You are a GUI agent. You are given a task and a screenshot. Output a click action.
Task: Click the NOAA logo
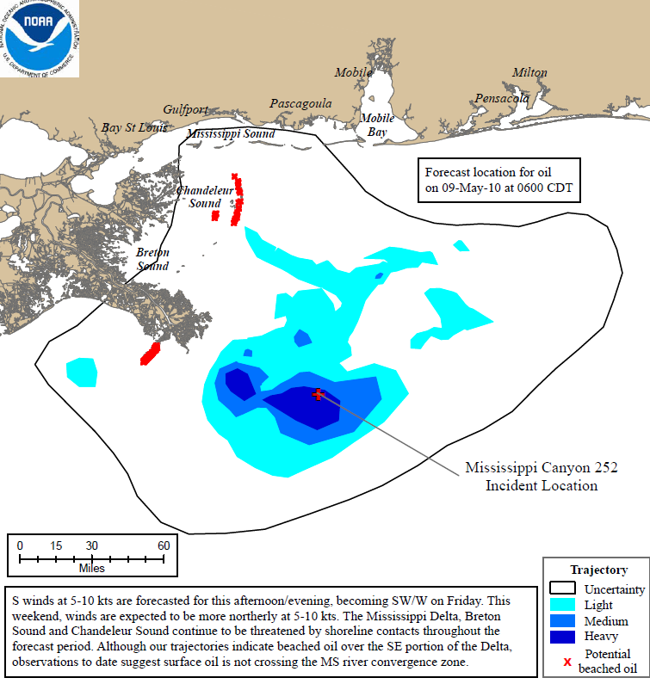coord(40,39)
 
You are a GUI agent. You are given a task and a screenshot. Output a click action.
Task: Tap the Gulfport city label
coord(186,110)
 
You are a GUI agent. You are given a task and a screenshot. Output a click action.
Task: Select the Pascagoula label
coord(300,103)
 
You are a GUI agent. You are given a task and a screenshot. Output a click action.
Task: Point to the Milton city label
coord(529,72)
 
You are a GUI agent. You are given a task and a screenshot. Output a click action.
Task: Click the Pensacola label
coord(501,99)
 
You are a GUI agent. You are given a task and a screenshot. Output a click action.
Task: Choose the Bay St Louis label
coord(134,127)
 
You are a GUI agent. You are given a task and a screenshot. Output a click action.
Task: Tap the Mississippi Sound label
coord(231,134)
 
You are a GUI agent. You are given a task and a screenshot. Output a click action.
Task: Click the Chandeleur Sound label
coord(199,197)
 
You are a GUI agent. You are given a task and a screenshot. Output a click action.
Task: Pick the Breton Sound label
coord(152,259)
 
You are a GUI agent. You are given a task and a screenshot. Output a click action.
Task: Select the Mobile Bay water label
coord(377,125)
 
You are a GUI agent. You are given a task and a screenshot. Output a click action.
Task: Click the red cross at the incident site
coord(319,394)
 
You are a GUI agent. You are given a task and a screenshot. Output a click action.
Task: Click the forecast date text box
coord(498,180)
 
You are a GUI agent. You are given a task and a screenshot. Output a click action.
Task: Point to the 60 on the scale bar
coord(164,545)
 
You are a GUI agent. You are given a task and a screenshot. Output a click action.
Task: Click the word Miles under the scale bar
coord(91,569)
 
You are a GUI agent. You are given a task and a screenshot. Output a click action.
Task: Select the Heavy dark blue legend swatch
coord(565,638)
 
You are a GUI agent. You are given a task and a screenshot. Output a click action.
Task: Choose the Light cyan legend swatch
coord(565,605)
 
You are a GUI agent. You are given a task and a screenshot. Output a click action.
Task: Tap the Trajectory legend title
coord(598,570)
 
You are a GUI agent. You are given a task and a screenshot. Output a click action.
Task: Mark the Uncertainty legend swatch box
coord(565,589)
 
